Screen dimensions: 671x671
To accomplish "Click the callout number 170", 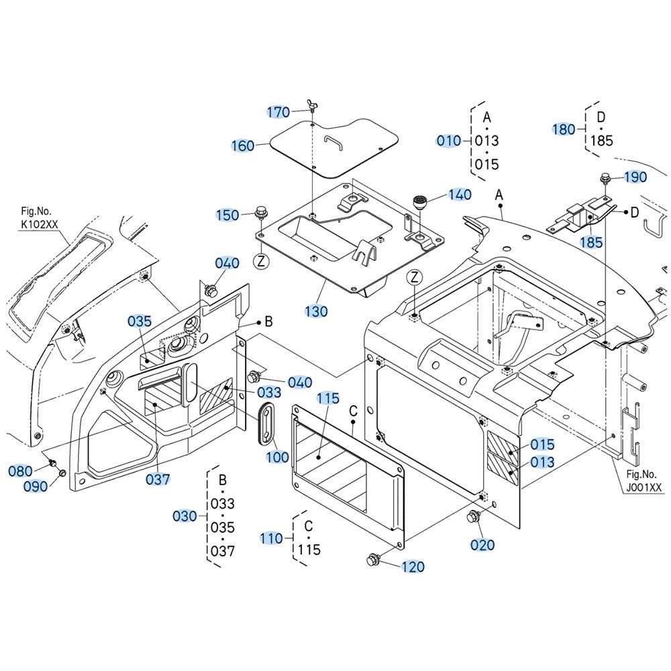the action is (278, 112).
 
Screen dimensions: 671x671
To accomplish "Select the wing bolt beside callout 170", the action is (311, 105).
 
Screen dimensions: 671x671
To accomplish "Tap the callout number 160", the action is (243, 146).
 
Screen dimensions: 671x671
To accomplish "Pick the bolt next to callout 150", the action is (259, 212).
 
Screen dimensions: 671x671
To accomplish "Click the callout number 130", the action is (316, 311).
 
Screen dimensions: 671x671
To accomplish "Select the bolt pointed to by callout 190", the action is (605, 178).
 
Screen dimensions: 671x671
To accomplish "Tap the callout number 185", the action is (591, 243).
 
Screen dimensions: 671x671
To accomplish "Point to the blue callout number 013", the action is (541, 462).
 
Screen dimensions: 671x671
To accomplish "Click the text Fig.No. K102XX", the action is (39, 217).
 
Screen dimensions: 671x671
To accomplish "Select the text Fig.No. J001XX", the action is (643, 480).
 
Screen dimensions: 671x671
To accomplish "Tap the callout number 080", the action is (21, 471).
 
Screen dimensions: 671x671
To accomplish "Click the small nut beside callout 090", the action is (62, 473).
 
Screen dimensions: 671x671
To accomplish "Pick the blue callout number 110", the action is (271, 538).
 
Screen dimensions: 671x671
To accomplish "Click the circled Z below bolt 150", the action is (261, 261).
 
